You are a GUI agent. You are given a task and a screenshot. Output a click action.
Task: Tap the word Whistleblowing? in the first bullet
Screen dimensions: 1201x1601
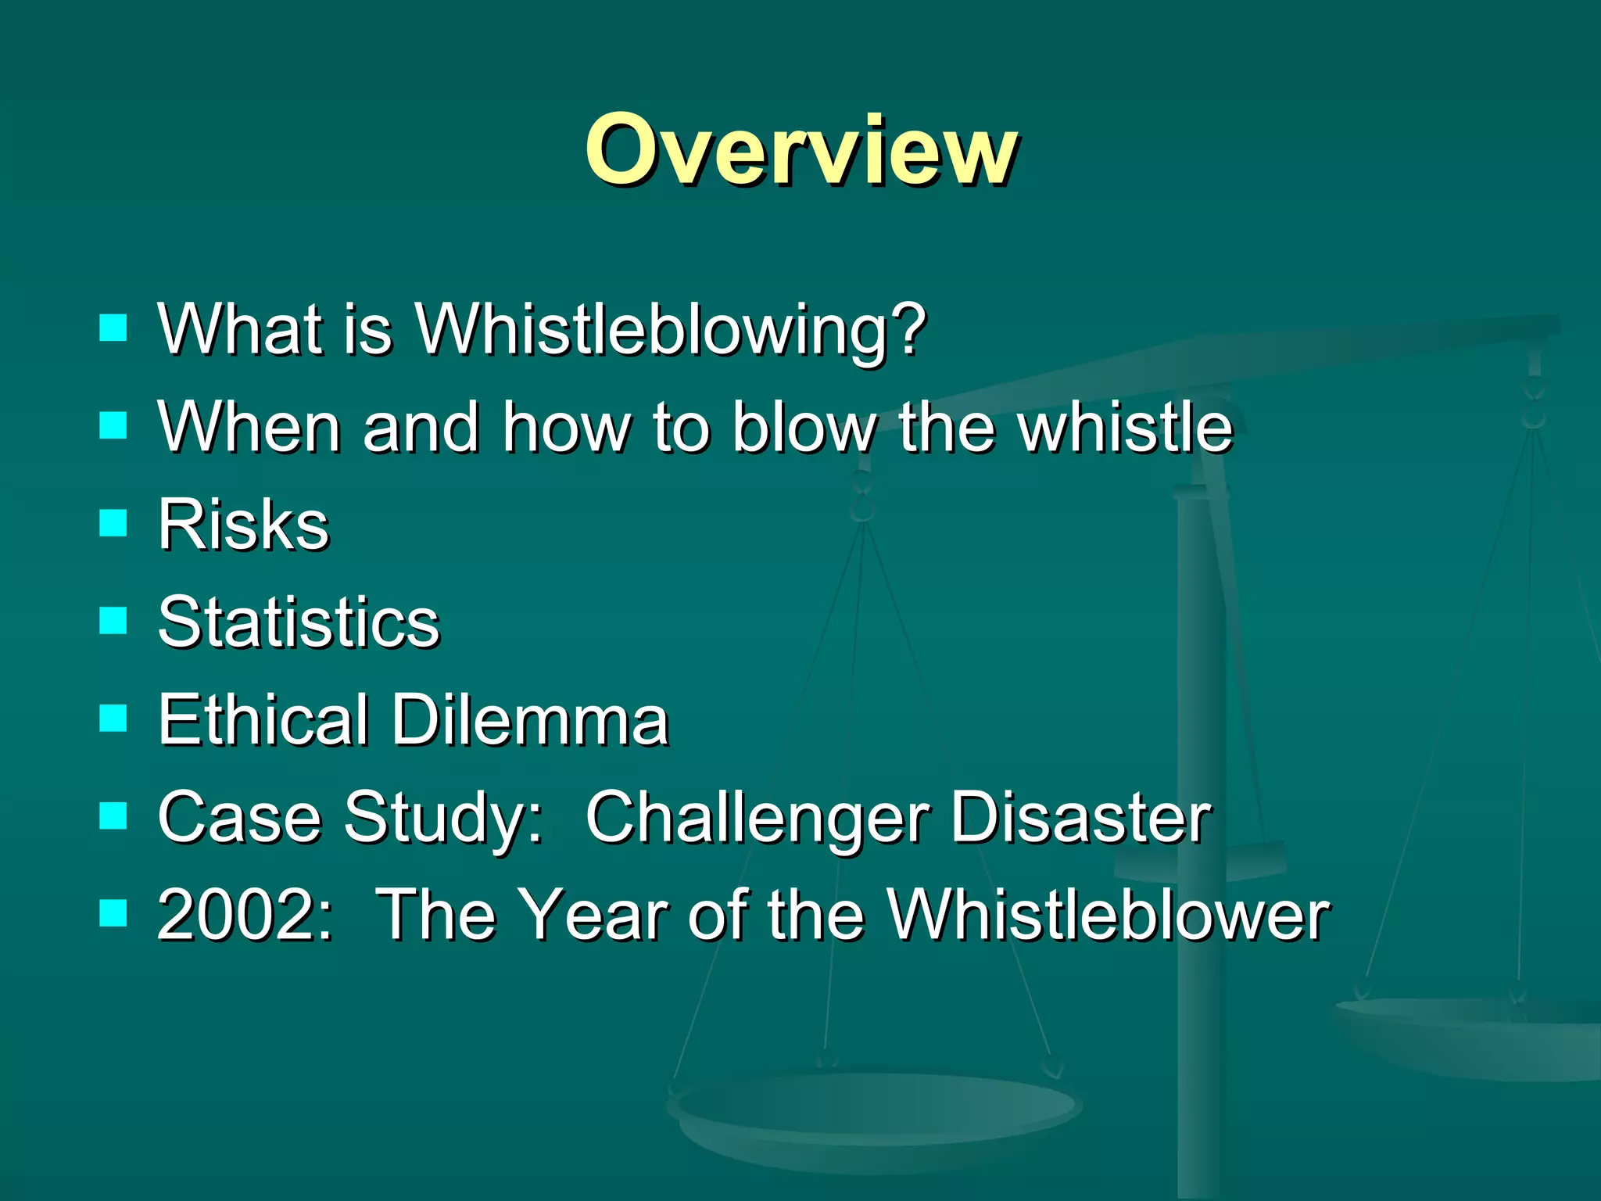tap(671, 330)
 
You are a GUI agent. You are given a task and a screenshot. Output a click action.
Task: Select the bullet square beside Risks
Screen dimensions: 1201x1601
tap(114, 523)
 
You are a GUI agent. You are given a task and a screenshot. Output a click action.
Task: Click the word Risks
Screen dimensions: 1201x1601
tap(243, 525)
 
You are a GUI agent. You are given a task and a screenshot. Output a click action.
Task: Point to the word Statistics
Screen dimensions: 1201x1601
tap(299, 622)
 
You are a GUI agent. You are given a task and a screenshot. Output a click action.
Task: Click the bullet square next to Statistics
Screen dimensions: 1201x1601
tap(114, 621)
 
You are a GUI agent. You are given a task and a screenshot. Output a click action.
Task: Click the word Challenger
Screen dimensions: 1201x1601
tap(757, 819)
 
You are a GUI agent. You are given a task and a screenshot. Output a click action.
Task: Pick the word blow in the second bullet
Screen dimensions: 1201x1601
tap(803, 427)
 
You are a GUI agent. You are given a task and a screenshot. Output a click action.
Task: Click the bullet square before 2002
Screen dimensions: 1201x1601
tap(114, 912)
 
